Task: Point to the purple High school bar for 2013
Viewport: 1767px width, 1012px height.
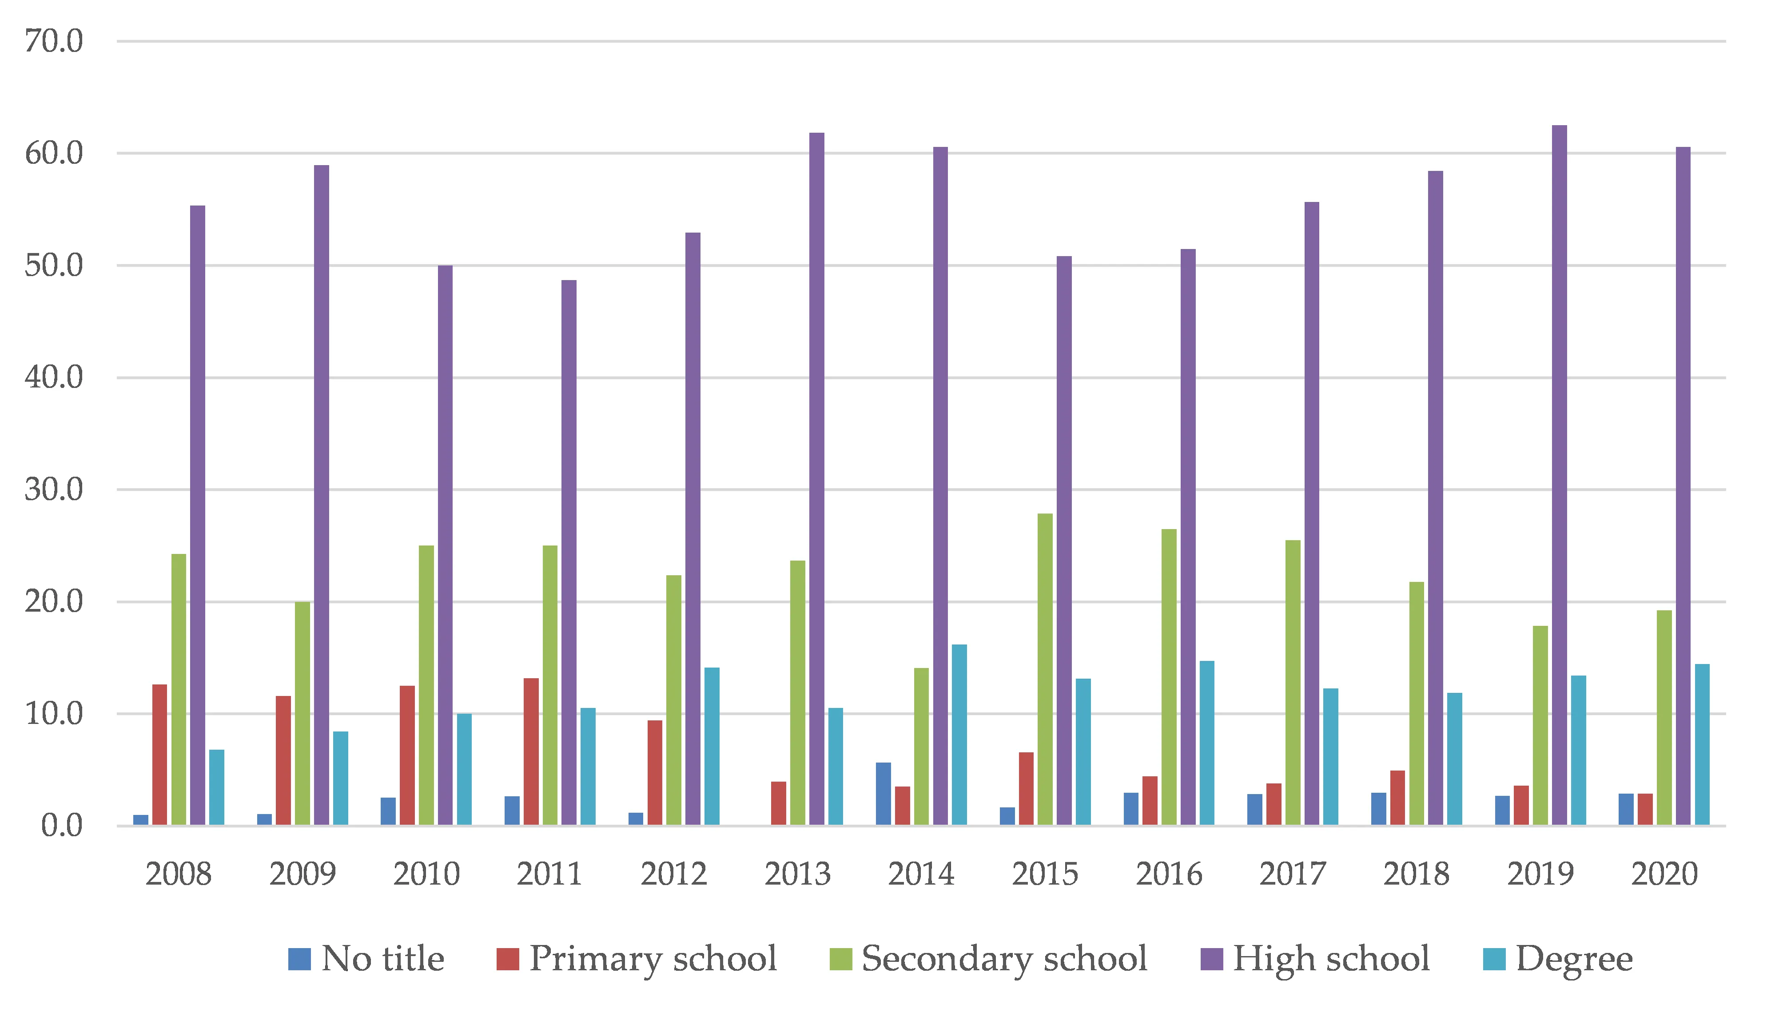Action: pos(816,479)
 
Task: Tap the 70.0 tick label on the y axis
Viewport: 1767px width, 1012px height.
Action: pos(54,42)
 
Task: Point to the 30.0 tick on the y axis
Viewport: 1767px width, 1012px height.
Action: pos(54,490)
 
